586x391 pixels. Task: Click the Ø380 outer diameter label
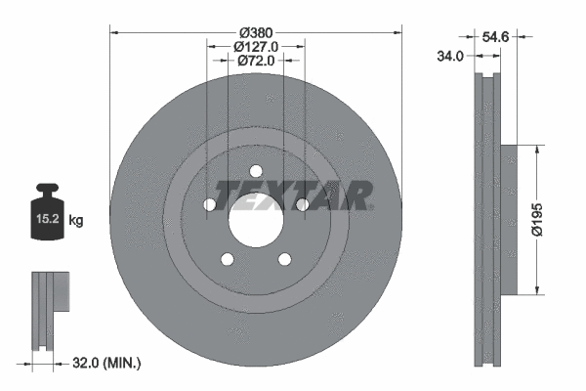(256, 29)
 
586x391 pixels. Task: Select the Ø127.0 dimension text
(256, 45)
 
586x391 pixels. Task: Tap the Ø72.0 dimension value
(256, 61)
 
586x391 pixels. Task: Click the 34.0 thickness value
(449, 57)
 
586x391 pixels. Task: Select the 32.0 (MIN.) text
(108, 363)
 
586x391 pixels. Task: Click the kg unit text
(76, 221)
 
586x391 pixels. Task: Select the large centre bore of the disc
(256, 221)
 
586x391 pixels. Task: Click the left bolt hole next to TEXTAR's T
(210, 204)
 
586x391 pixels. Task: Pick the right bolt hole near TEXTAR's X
(302, 204)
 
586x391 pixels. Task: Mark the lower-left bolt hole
(228, 259)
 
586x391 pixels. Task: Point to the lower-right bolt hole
(284, 259)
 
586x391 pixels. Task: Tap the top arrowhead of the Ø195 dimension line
(536, 150)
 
